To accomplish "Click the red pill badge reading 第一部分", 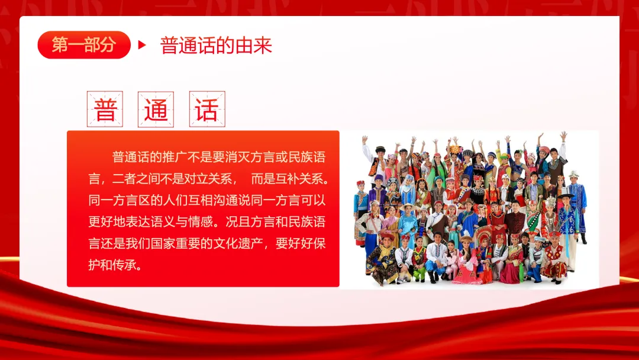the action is [84, 45].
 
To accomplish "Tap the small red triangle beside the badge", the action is [142, 45].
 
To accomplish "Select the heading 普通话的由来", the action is [216, 45].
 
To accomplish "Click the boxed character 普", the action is [105, 110].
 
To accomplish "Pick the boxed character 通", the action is [156, 110].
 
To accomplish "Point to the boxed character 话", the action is [207, 110].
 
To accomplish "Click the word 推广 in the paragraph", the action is [175, 157].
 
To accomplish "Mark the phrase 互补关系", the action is [301, 179].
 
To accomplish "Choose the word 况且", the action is [238, 222].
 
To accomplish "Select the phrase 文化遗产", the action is [238, 243].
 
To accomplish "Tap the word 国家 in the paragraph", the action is [163, 243].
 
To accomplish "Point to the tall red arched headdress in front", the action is [483, 234].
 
